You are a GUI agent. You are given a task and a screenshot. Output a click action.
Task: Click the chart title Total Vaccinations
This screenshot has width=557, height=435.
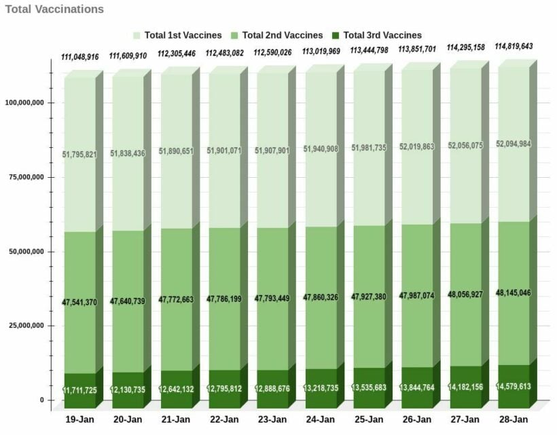[54, 10]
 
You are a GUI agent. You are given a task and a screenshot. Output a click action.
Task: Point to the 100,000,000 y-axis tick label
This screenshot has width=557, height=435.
[24, 102]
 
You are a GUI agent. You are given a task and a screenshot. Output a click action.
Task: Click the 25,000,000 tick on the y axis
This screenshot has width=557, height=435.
[26, 326]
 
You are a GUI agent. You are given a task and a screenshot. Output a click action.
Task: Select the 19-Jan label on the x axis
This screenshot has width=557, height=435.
[79, 419]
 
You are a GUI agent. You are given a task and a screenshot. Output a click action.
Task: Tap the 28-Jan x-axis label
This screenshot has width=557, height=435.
[513, 419]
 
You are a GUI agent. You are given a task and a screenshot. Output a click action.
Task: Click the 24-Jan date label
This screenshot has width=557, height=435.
[321, 419]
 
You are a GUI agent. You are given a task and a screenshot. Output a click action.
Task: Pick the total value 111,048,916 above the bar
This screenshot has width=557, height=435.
[86, 56]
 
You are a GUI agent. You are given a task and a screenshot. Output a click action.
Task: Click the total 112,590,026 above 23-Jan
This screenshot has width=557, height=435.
[272, 52]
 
